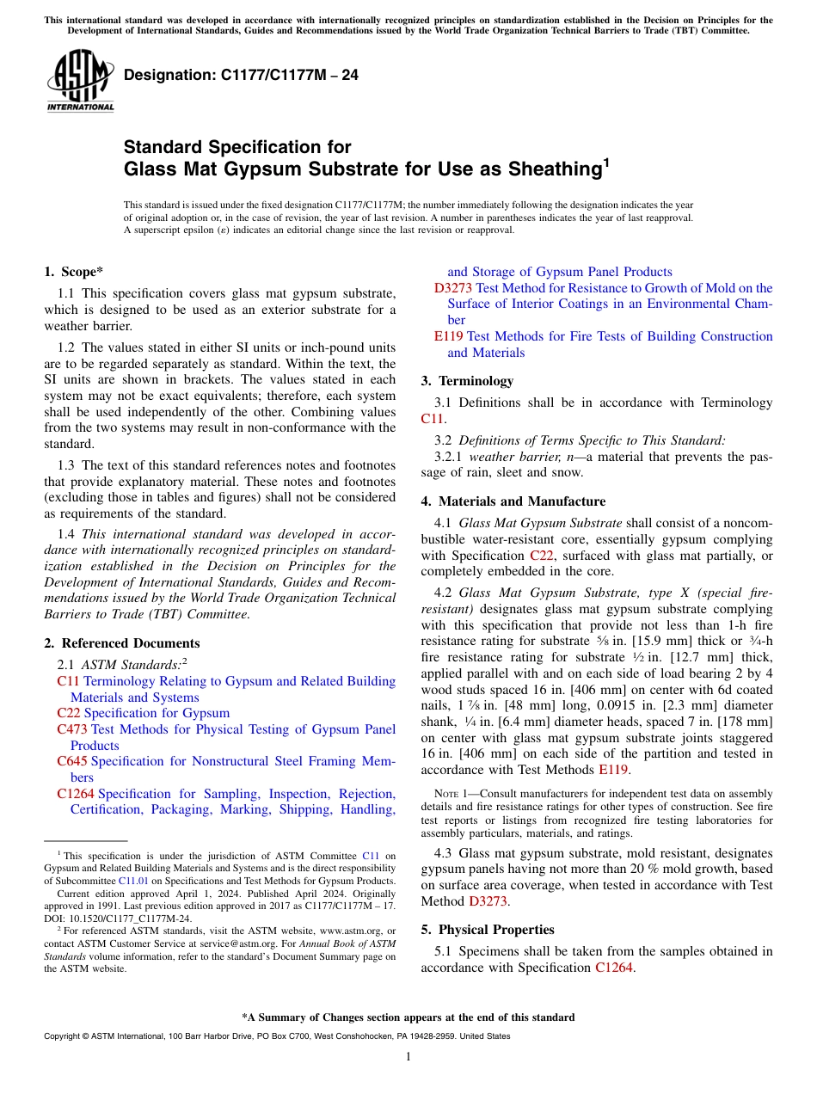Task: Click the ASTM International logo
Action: point(80,81)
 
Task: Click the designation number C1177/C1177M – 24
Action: point(241,76)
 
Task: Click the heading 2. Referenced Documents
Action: point(121,643)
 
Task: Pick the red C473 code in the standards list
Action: point(72,729)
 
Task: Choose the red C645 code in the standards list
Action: point(72,761)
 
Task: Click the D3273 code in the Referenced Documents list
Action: point(452,288)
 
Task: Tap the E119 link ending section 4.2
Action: point(613,770)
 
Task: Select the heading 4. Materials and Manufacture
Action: point(513,501)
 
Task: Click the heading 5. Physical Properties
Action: point(488,930)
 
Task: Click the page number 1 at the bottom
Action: point(408,1056)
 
